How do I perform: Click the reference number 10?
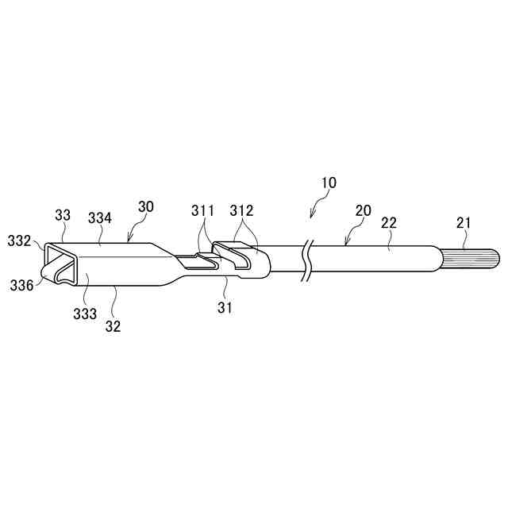click(x=328, y=183)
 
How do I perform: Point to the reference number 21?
click(x=464, y=224)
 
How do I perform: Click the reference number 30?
click(x=145, y=206)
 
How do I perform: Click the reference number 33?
click(x=63, y=214)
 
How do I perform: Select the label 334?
click(x=100, y=217)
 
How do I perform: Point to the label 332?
click(x=20, y=239)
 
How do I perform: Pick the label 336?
click(x=21, y=284)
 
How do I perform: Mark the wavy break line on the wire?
click(x=306, y=259)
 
